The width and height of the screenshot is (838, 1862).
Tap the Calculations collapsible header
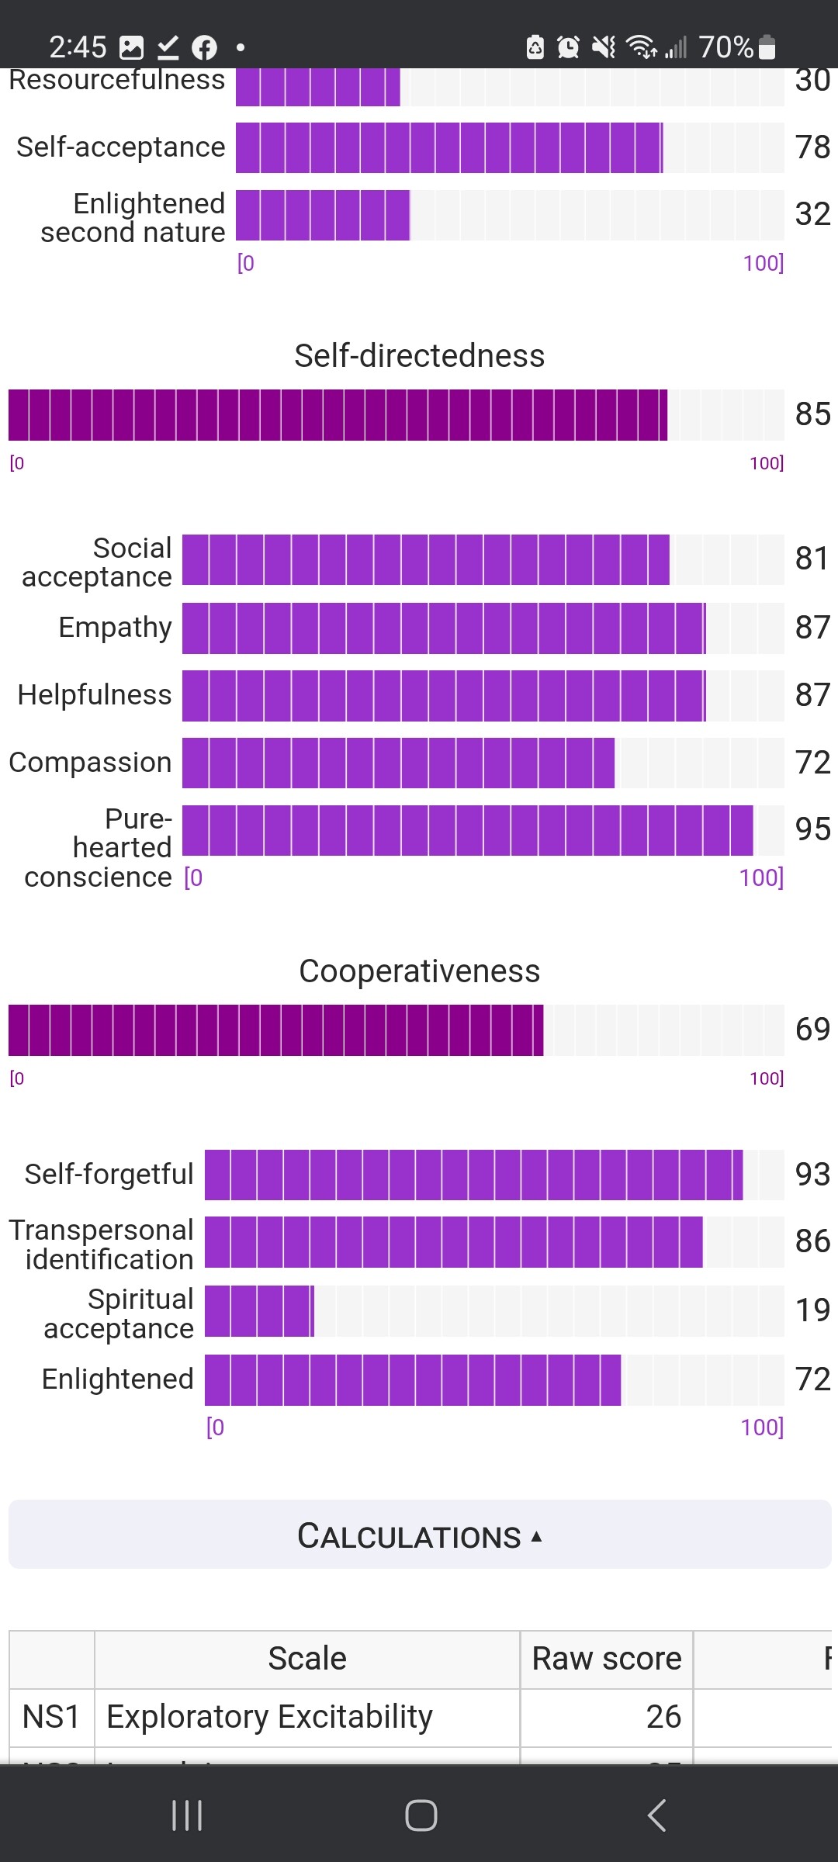(x=419, y=1535)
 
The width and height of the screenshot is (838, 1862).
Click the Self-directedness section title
(x=419, y=356)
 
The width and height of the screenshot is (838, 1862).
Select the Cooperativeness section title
(x=419, y=971)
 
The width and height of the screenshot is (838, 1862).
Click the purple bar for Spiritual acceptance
(x=259, y=1311)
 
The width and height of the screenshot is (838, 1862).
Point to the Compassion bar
(x=398, y=763)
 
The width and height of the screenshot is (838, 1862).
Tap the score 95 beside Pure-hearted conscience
(x=812, y=829)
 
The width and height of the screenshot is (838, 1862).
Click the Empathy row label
(x=115, y=627)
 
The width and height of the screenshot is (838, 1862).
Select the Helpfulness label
(x=95, y=694)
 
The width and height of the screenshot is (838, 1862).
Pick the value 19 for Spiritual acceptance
(x=812, y=1310)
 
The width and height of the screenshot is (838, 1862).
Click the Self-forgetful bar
(x=473, y=1175)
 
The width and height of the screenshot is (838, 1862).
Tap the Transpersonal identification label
(x=102, y=1244)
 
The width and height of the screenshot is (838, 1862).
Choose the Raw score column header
(x=606, y=1659)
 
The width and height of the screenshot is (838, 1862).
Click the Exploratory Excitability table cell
(x=269, y=1717)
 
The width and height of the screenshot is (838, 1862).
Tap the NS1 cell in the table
(x=51, y=1717)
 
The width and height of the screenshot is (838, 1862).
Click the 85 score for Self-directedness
(x=812, y=414)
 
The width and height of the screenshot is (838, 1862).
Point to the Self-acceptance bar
(x=448, y=147)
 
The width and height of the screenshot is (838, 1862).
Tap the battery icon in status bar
(x=767, y=47)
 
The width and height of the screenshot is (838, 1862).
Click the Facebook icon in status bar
(x=204, y=48)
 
